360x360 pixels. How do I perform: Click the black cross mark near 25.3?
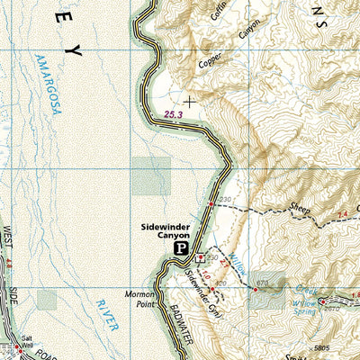click(190, 102)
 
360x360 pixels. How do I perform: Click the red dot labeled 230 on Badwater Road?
click(211, 205)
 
